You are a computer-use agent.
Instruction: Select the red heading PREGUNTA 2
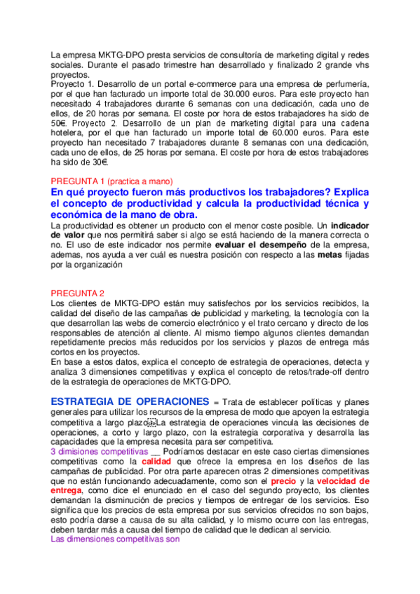78,293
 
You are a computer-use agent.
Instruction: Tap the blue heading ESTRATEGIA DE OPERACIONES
130,401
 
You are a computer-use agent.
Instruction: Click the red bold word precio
283,481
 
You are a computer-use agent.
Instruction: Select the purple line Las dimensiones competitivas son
116,539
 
